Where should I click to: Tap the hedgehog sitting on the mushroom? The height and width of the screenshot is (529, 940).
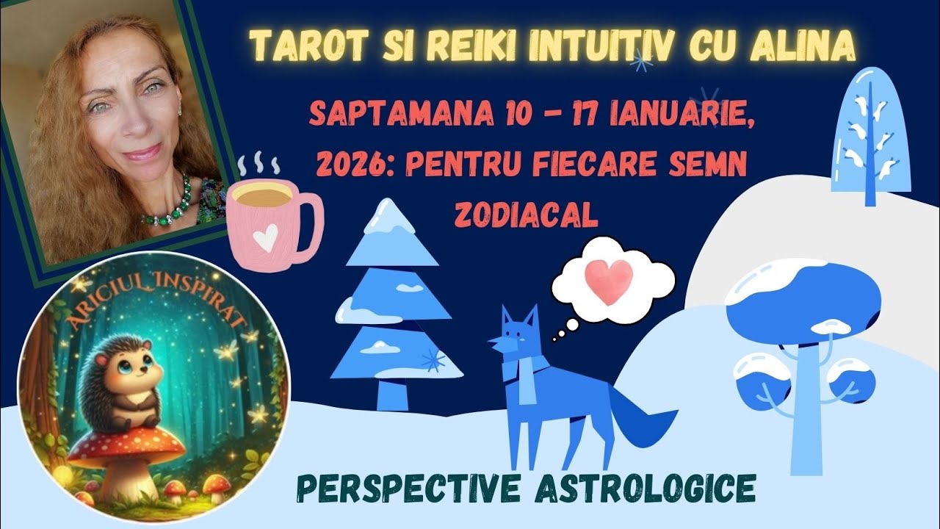tap(129, 382)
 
